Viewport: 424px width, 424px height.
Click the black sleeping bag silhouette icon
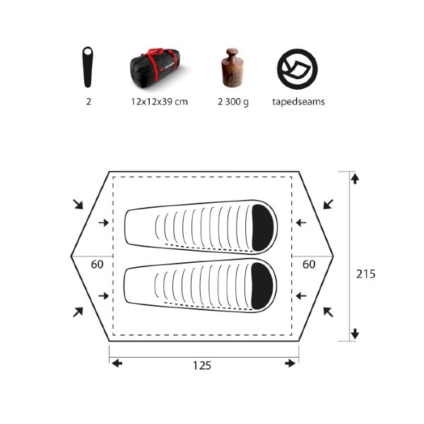88,67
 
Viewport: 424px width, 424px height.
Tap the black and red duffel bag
155,68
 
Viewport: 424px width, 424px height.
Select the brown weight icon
232,68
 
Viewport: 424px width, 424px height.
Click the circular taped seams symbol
298,69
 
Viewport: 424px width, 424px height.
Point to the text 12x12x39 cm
159,102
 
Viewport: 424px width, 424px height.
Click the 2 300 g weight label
233,102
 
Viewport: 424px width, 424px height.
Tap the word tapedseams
298,102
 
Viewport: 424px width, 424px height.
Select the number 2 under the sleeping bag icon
88,102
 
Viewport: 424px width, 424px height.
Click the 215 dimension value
365,274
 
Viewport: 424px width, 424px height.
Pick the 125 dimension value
201,365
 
